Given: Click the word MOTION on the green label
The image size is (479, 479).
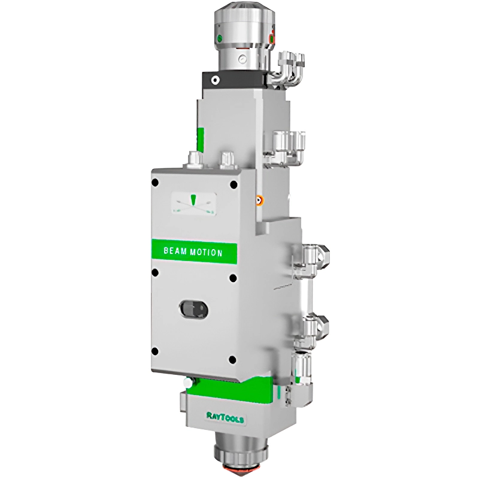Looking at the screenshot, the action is pyautogui.click(x=206, y=252).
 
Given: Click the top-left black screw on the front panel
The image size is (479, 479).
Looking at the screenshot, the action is pyautogui.click(x=155, y=183).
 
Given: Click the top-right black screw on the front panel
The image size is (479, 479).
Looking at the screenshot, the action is pyautogui.click(x=234, y=184).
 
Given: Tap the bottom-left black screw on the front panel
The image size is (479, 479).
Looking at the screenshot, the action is pyautogui.click(x=155, y=350).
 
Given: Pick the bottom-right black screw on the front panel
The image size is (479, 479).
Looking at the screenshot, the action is pyautogui.click(x=233, y=359).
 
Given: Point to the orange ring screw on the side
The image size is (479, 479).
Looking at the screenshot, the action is pyautogui.click(x=259, y=201).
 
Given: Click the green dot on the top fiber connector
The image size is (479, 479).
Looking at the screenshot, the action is pyautogui.click(x=219, y=39).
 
